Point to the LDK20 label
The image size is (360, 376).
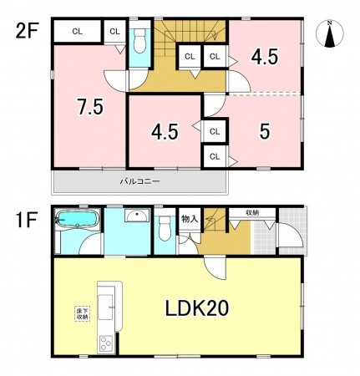point(195,308)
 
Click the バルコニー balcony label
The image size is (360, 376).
point(139,180)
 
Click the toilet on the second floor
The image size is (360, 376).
point(139,39)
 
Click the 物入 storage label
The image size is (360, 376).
point(189,219)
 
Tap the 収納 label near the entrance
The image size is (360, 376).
point(251,214)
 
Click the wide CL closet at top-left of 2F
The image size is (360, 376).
point(77,31)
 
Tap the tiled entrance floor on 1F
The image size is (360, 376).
point(266,238)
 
